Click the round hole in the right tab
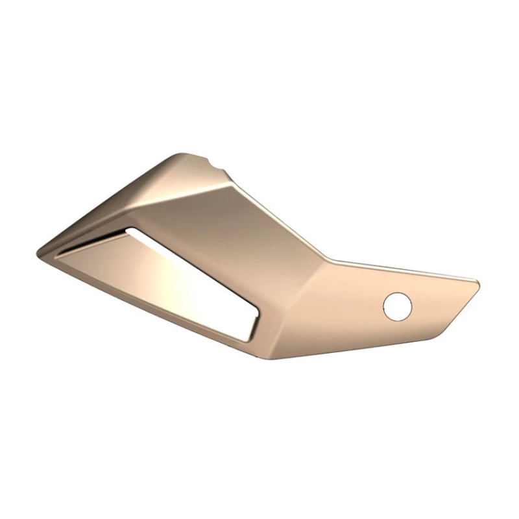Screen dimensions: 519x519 pos(397,306)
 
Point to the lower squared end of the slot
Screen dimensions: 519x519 pos(250,328)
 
